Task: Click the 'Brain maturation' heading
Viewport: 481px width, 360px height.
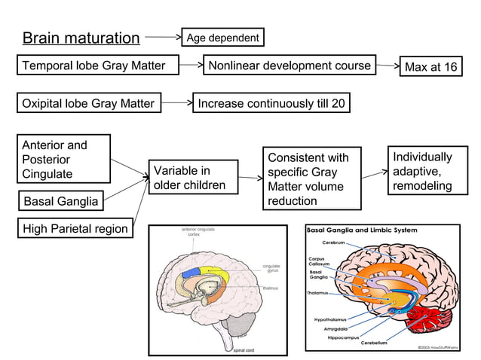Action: (x=81, y=38)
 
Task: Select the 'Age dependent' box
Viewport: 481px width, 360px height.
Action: (x=222, y=37)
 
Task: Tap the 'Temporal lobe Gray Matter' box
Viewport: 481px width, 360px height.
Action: (x=93, y=66)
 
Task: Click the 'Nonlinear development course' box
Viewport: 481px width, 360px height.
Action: (x=290, y=66)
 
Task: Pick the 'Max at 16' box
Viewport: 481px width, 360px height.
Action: (x=430, y=67)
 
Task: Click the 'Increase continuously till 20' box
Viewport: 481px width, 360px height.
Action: (x=271, y=103)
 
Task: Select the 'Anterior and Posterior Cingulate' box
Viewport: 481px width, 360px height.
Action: (x=63, y=160)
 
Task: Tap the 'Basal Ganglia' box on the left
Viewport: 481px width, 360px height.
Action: (x=60, y=201)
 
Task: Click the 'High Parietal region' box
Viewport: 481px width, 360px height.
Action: (x=75, y=228)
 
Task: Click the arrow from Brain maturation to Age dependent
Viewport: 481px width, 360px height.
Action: (x=163, y=36)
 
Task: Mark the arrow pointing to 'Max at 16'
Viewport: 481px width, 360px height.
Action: (x=388, y=66)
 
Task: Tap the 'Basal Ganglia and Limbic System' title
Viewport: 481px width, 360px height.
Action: (x=363, y=229)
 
